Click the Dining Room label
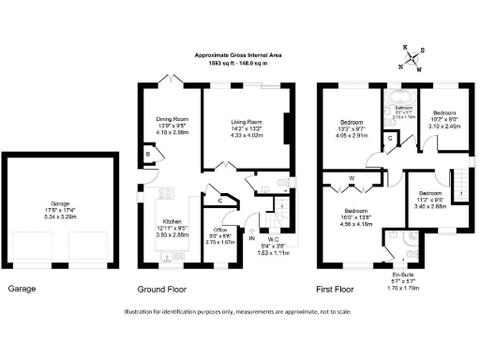click(171, 119)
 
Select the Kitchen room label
click(172, 221)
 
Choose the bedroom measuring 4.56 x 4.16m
click(355, 211)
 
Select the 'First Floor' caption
click(339, 289)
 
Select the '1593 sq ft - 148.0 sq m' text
click(239, 64)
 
